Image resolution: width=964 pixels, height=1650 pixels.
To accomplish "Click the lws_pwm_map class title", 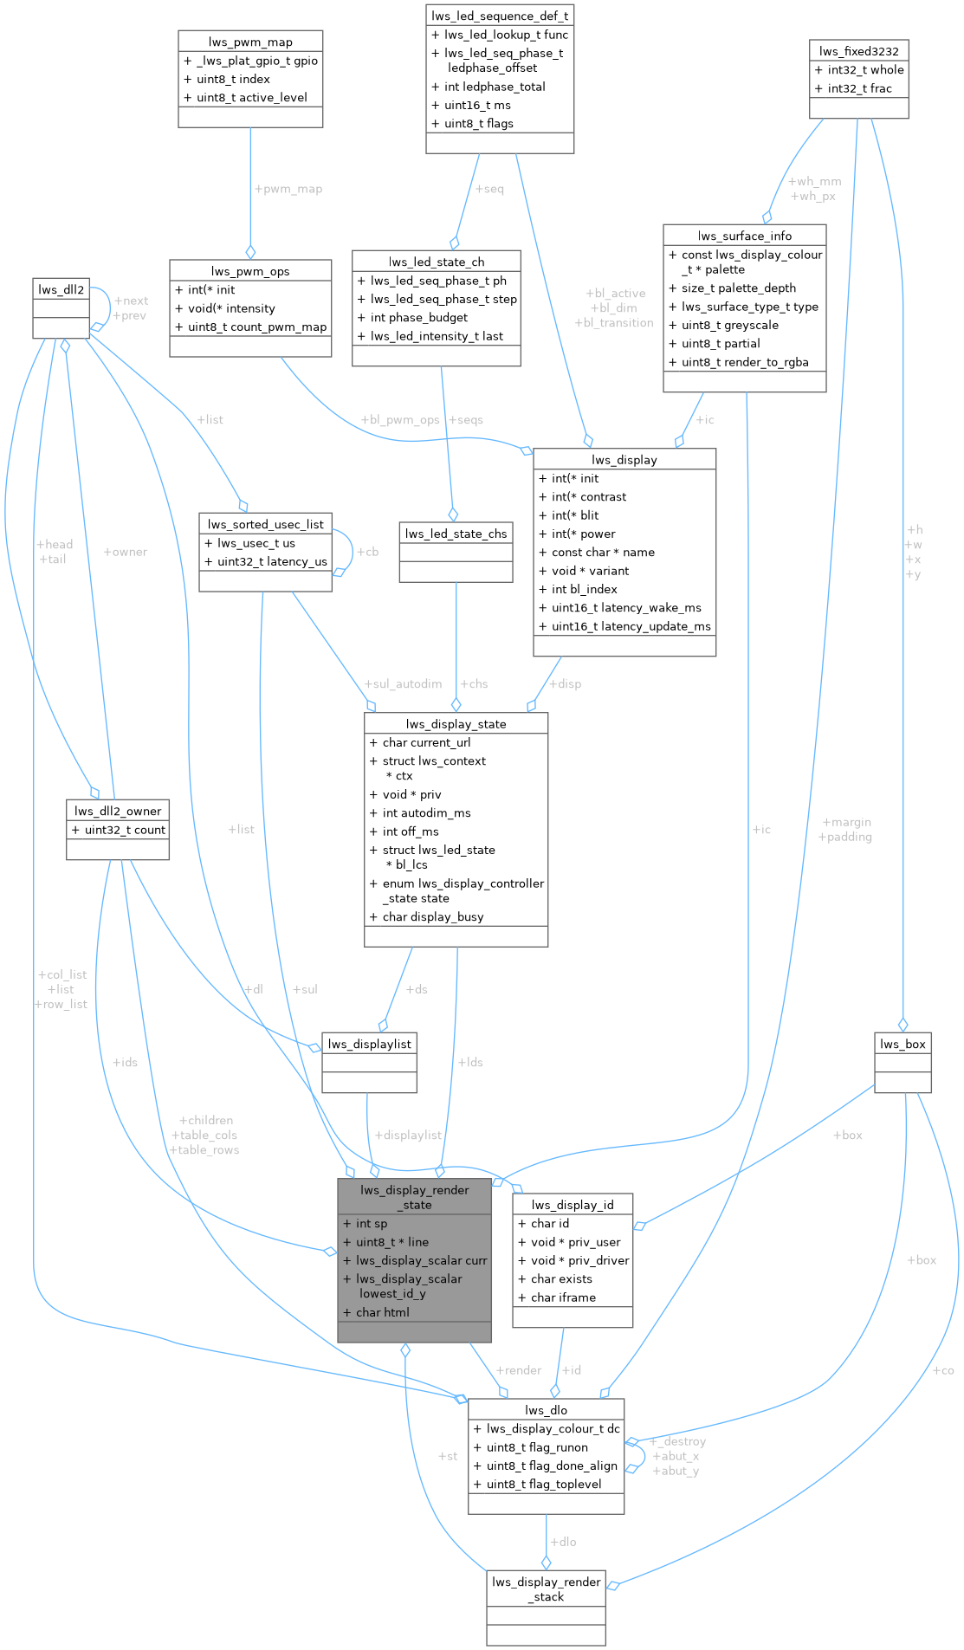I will (x=250, y=42).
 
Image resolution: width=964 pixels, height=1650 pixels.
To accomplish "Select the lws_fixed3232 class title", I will (x=858, y=51).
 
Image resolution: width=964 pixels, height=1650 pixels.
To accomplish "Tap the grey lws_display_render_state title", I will (x=415, y=1197).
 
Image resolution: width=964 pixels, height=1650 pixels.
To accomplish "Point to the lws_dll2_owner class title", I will (x=118, y=811).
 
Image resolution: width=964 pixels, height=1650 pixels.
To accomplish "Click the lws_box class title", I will (x=903, y=1044).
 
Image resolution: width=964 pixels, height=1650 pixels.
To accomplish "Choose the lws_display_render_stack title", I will (x=546, y=1589).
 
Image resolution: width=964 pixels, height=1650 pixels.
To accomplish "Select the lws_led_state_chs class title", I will (x=456, y=534).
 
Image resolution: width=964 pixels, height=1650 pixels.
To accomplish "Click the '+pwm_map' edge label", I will (x=288, y=189).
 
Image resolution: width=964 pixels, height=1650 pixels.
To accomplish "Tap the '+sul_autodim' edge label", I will (x=403, y=684).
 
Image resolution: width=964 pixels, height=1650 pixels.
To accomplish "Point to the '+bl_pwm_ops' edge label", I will (x=399, y=420).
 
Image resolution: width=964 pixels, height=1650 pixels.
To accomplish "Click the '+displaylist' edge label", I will (x=408, y=1135).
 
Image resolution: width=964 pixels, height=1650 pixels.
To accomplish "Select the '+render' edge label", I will (x=518, y=1370).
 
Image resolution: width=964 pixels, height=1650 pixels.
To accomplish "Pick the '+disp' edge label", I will (x=565, y=684).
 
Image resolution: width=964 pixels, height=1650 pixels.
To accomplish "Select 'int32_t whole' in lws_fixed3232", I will (x=865, y=70).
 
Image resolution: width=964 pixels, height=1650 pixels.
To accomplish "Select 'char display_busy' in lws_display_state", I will (x=433, y=917).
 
